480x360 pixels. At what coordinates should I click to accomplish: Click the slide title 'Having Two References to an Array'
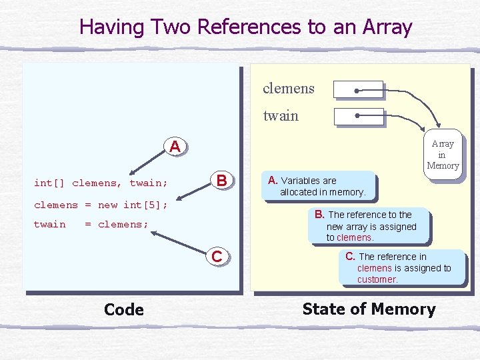[245, 27]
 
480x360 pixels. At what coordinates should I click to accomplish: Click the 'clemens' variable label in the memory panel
[288, 89]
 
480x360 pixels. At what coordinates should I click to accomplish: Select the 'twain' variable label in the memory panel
[281, 116]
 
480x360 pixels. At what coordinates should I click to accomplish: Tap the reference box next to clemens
[357, 89]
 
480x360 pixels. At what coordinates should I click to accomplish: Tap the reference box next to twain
[357, 116]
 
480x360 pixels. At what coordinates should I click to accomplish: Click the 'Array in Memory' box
[443, 155]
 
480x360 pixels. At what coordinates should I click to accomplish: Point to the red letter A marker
[175, 146]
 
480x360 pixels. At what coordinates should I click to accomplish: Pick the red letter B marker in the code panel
[222, 181]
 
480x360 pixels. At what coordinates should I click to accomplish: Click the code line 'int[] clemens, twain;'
[101, 183]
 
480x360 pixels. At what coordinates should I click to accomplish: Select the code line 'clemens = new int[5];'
[101, 205]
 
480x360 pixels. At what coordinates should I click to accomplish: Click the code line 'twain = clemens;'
[91, 225]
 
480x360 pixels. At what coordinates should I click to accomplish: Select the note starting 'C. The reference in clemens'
[400, 267]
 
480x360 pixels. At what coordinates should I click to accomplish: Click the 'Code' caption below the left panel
[124, 309]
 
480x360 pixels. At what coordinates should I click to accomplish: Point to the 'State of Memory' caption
[369, 309]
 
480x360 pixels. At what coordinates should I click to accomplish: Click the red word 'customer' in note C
[377, 279]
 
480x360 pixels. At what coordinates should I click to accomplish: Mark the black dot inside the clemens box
[358, 89]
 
